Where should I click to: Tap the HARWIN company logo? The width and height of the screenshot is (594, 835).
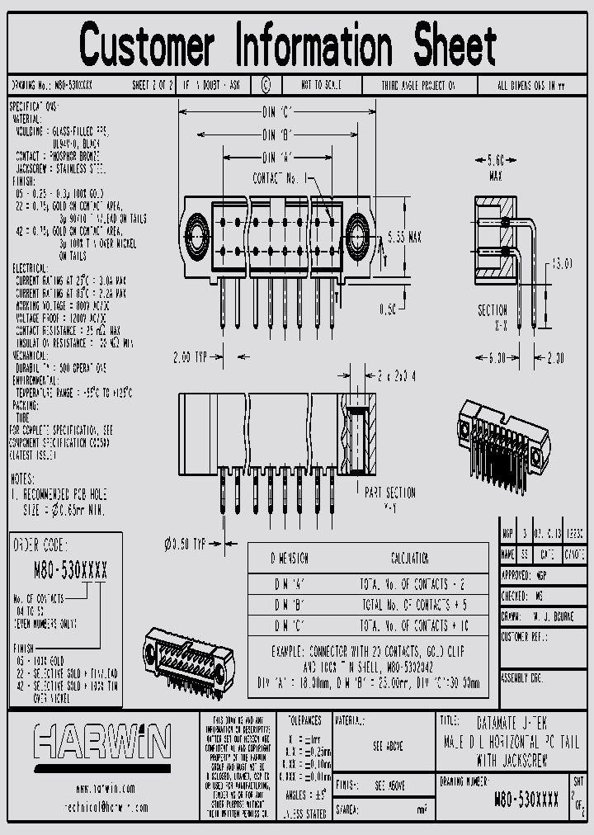[x=103, y=740]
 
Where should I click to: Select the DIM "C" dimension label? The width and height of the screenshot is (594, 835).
[x=279, y=111]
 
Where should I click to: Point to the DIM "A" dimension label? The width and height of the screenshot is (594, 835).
[x=278, y=157]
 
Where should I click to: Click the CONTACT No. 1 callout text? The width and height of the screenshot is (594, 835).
[x=280, y=177]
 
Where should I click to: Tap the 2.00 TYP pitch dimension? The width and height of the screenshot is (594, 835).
[x=192, y=356]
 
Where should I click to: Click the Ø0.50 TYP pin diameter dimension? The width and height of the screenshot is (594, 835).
[x=186, y=544]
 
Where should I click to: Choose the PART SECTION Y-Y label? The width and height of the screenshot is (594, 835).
[x=390, y=499]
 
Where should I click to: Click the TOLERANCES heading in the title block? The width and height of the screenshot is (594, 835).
[x=299, y=720]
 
